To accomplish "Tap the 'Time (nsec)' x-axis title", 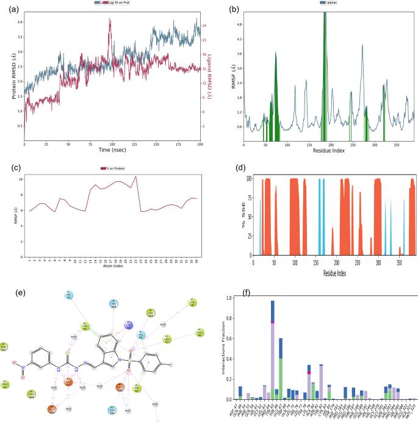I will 112,150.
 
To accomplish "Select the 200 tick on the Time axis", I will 200,144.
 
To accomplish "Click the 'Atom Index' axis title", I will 112,266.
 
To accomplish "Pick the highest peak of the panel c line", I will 135,177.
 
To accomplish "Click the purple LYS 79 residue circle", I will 128,325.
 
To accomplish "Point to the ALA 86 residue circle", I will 199,333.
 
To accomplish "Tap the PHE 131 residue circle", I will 4,348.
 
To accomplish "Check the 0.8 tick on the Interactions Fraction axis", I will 229,318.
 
